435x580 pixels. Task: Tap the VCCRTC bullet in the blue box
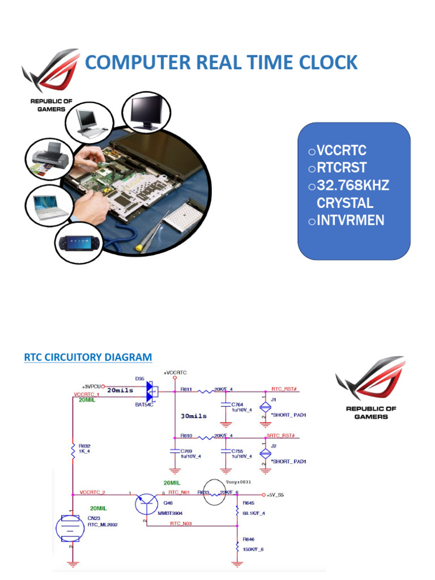pyautogui.click(x=342, y=151)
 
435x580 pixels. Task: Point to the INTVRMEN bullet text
pyautogui.click(x=351, y=220)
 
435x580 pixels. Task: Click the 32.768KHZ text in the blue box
pyautogui.click(x=353, y=186)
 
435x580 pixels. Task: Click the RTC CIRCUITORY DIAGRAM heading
pyautogui.click(x=88, y=357)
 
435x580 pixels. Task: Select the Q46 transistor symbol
pyautogui.click(x=148, y=503)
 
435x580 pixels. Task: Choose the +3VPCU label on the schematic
pyautogui.click(x=91, y=386)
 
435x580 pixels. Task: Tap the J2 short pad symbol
pyautogui.click(x=263, y=453)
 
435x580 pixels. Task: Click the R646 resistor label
pyautogui.click(x=249, y=539)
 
